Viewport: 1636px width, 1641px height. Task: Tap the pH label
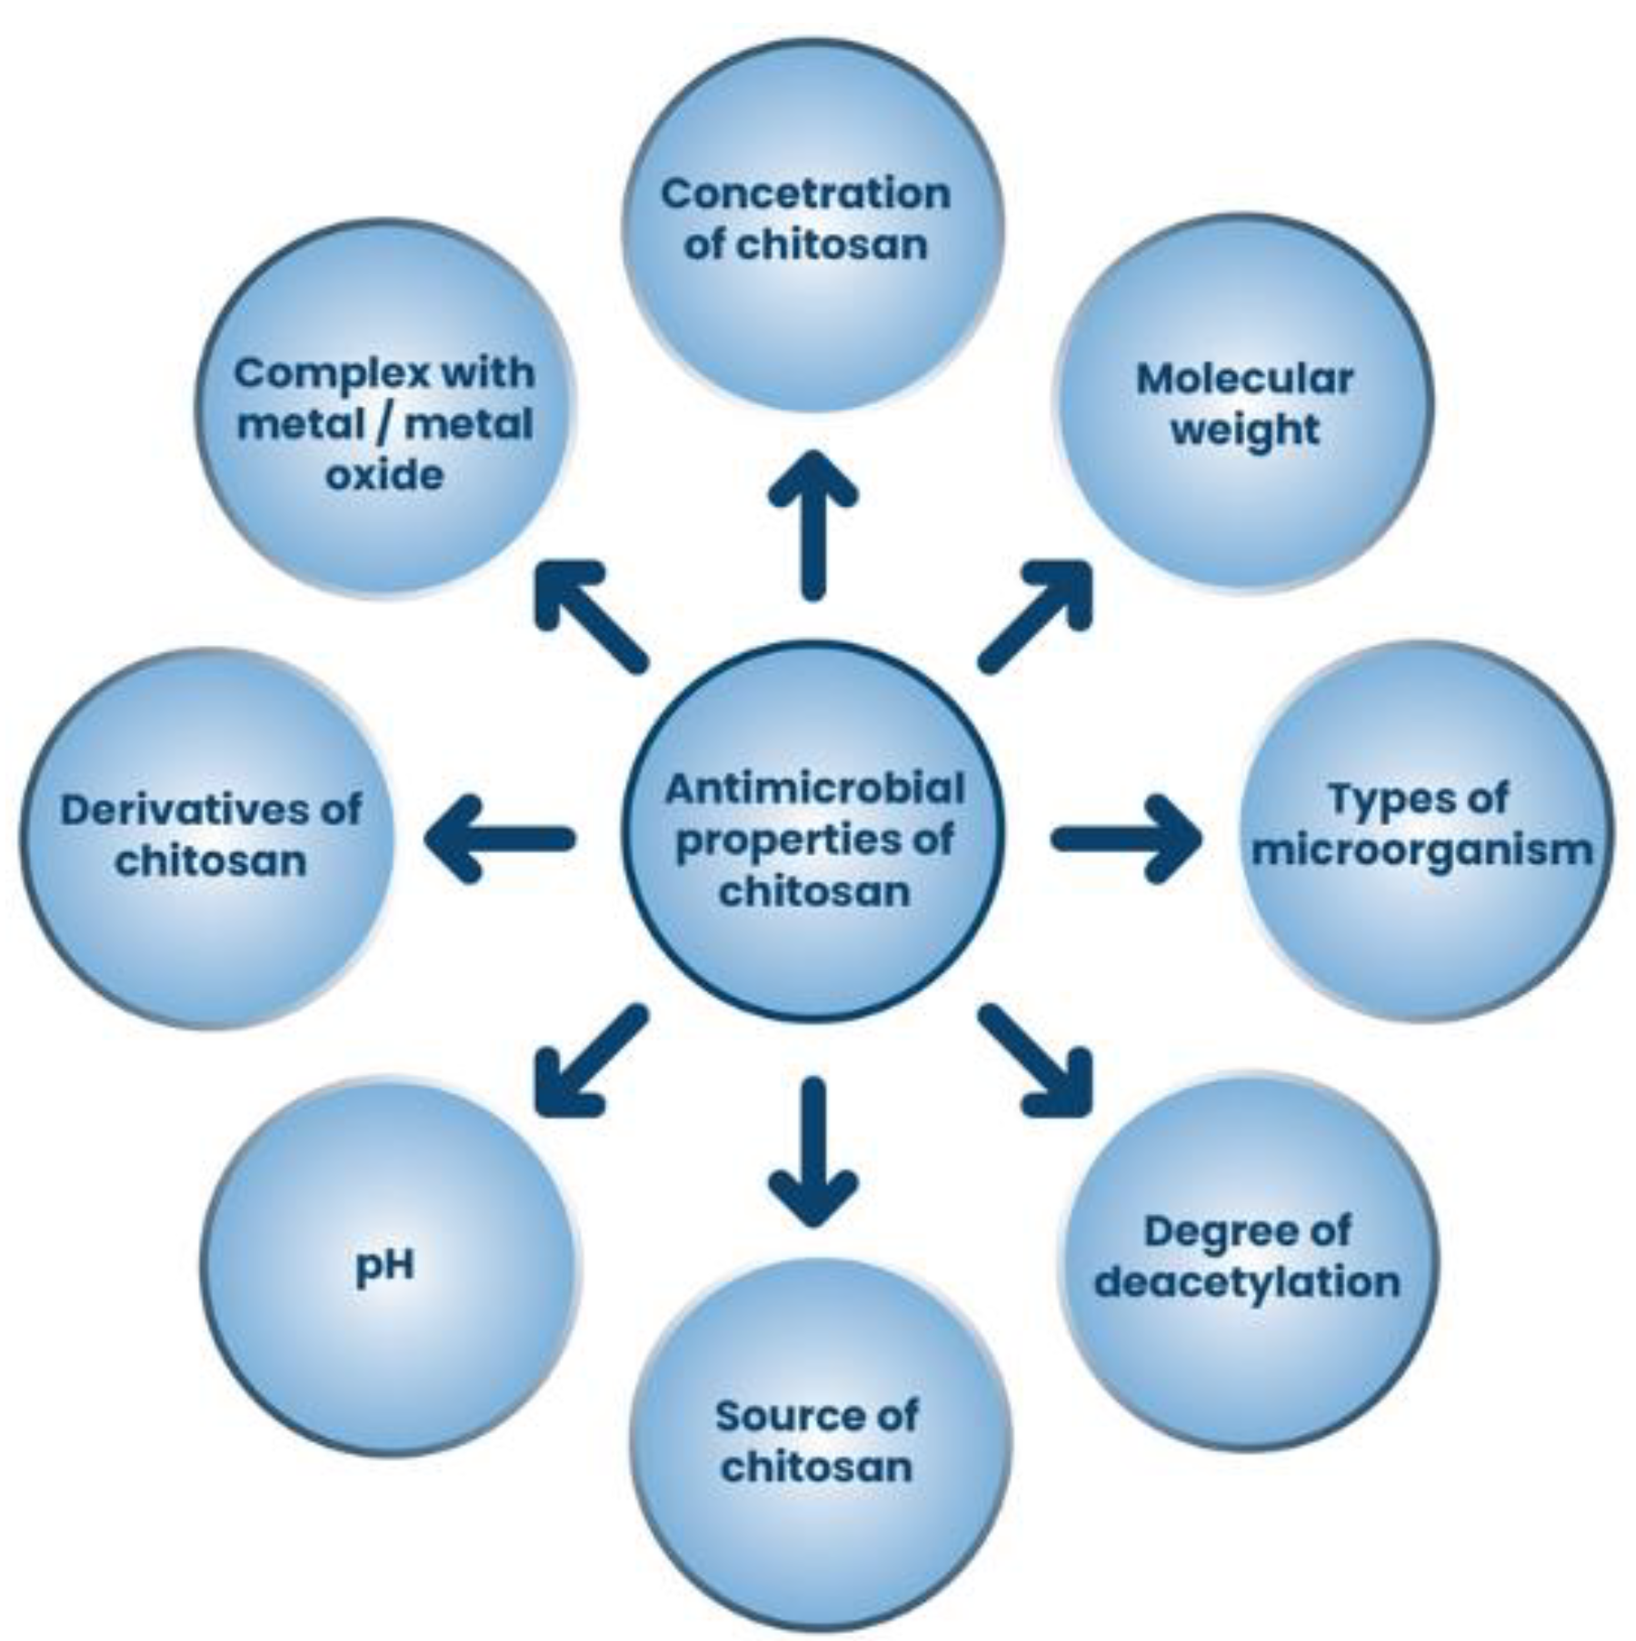point(385,1265)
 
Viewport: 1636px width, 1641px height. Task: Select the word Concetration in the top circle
point(805,194)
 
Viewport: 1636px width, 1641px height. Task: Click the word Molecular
point(1244,379)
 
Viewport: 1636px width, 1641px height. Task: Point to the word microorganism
point(1422,851)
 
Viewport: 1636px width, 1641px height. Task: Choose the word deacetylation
point(1247,1282)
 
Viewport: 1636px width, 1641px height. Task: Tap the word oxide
point(384,474)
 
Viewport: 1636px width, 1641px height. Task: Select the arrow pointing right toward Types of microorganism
point(1127,838)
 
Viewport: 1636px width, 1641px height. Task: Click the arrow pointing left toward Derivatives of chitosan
point(500,838)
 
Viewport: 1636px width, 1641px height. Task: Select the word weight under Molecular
point(1244,430)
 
